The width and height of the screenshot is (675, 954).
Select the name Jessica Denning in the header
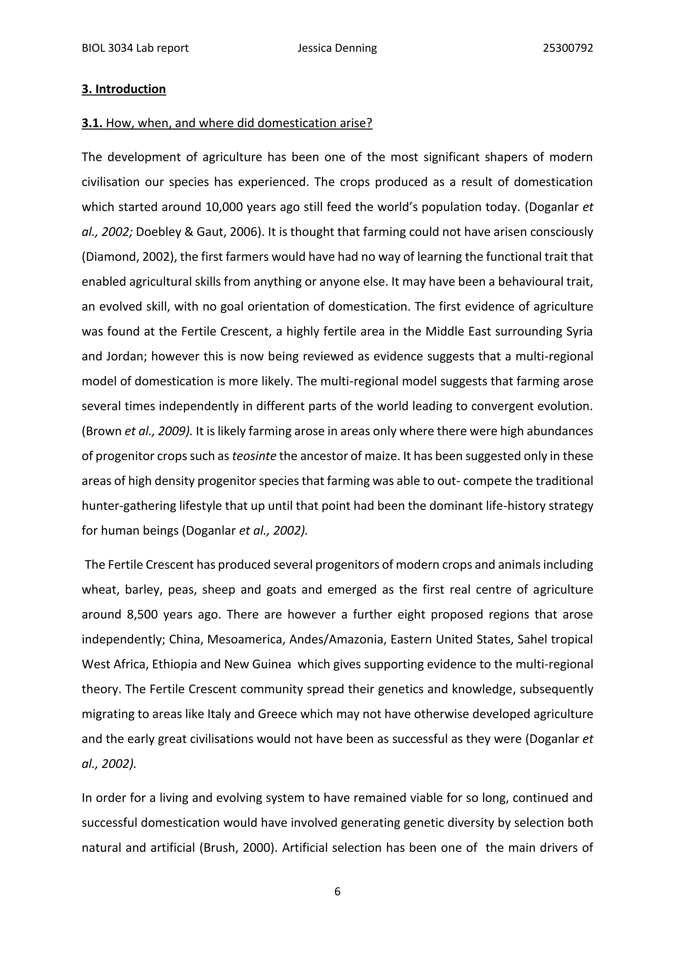(337, 48)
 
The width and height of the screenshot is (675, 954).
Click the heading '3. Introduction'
(124, 89)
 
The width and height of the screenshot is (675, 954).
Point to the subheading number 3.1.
(92, 123)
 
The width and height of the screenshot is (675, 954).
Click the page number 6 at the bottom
(337, 891)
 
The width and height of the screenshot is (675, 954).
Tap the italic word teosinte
(254, 456)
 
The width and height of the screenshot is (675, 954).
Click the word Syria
(579, 332)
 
